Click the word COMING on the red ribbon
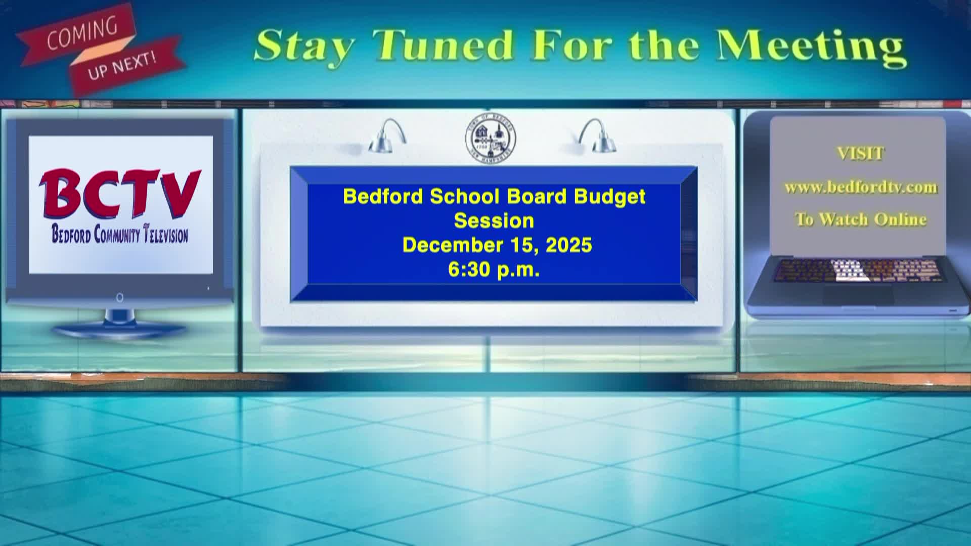(82, 34)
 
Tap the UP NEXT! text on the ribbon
(122, 66)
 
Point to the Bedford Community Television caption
(120, 235)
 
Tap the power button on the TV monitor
(120, 298)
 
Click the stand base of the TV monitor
(120, 330)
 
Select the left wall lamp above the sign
(387, 136)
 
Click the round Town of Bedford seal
(491, 138)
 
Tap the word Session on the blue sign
(494, 221)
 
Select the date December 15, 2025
(497, 245)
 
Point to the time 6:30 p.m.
(494, 270)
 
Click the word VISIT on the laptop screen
(860, 153)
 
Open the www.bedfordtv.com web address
(861, 187)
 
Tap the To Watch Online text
(861, 219)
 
